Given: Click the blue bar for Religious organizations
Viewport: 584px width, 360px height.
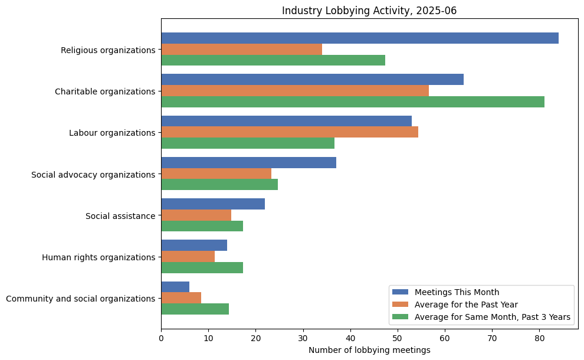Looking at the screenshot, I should [360, 38].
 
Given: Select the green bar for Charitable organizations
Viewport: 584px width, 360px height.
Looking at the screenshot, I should [353, 102].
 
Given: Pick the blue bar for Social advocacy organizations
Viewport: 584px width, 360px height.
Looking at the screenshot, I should [248, 163].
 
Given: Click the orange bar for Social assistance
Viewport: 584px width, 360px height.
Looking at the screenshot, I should [196, 215].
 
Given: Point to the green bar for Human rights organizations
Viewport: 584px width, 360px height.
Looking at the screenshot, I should [202, 268].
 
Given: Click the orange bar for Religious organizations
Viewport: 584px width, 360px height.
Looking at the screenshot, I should [241, 50].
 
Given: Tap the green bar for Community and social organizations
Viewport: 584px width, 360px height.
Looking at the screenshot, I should [195, 309].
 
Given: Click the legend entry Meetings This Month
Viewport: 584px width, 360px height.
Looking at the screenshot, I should [457, 292].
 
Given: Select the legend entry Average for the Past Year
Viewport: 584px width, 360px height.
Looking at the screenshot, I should [466, 305].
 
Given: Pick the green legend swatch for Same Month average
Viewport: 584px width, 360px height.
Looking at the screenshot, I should [401, 318].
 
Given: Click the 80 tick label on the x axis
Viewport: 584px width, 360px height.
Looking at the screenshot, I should [539, 339].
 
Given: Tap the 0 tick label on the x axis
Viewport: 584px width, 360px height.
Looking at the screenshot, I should [161, 339].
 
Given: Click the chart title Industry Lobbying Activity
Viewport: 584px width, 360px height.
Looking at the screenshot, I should [369, 11].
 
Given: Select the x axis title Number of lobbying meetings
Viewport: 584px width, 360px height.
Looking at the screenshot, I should [369, 350].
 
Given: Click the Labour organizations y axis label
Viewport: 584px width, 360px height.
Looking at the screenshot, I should [112, 133].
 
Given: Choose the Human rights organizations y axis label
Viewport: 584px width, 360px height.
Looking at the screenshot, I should [99, 257].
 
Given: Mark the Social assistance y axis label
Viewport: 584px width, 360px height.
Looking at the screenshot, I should [120, 216].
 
